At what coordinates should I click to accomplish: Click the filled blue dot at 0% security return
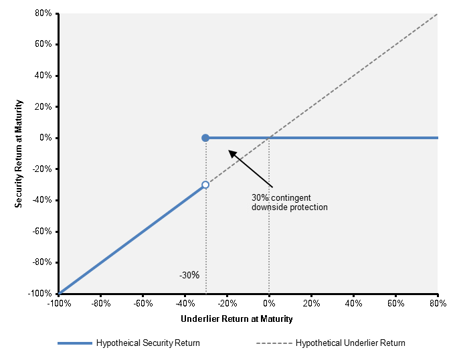205,138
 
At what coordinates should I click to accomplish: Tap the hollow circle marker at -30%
205,185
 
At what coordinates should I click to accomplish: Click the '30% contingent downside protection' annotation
290,202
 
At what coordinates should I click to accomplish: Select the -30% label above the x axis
189,275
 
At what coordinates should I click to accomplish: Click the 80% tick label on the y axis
43,13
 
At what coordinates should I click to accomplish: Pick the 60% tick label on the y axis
43,44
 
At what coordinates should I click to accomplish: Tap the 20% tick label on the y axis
43,106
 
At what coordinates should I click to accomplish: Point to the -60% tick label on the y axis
42,232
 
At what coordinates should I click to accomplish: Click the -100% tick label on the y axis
40,294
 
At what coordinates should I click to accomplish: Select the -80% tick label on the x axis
101,304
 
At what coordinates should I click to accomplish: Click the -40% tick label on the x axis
185,304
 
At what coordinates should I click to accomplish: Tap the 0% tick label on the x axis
269,304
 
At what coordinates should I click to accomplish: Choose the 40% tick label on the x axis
353,304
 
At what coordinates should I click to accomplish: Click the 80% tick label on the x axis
438,304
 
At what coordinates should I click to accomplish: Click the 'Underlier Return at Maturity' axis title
237,319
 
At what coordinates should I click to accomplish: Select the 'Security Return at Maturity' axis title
19,154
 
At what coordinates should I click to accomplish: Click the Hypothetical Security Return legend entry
128,343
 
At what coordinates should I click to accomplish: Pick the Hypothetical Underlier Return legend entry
331,343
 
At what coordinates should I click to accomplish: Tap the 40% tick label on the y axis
43,76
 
